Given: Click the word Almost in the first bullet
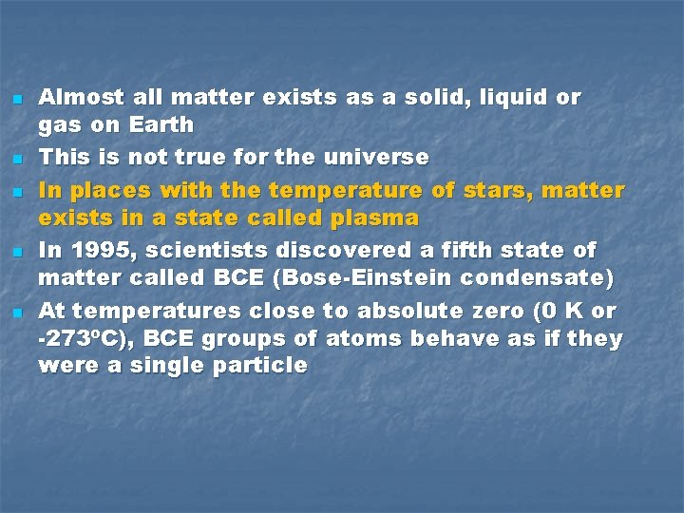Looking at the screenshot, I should [x=81, y=97].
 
